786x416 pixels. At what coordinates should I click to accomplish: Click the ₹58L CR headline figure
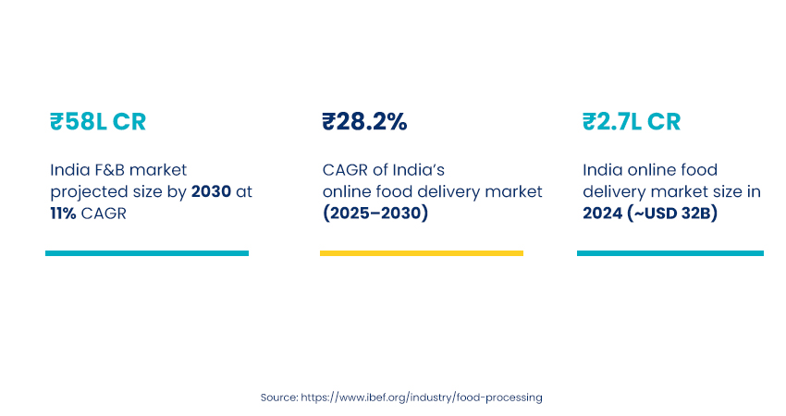(x=97, y=122)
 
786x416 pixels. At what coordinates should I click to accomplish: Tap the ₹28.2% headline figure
(x=364, y=122)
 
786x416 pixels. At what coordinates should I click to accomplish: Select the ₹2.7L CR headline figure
(x=632, y=122)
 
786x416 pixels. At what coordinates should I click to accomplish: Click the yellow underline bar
(x=422, y=253)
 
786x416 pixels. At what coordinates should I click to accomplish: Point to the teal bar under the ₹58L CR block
(x=147, y=253)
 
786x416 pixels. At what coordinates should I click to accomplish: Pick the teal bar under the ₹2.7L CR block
(x=670, y=253)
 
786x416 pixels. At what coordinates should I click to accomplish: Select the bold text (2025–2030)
(x=375, y=214)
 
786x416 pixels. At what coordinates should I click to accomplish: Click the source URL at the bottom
(x=422, y=397)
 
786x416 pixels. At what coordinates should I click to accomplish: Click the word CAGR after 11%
(x=105, y=214)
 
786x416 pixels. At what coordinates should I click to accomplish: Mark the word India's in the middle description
(x=422, y=170)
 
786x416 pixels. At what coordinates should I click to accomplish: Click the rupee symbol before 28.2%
(x=328, y=122)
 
